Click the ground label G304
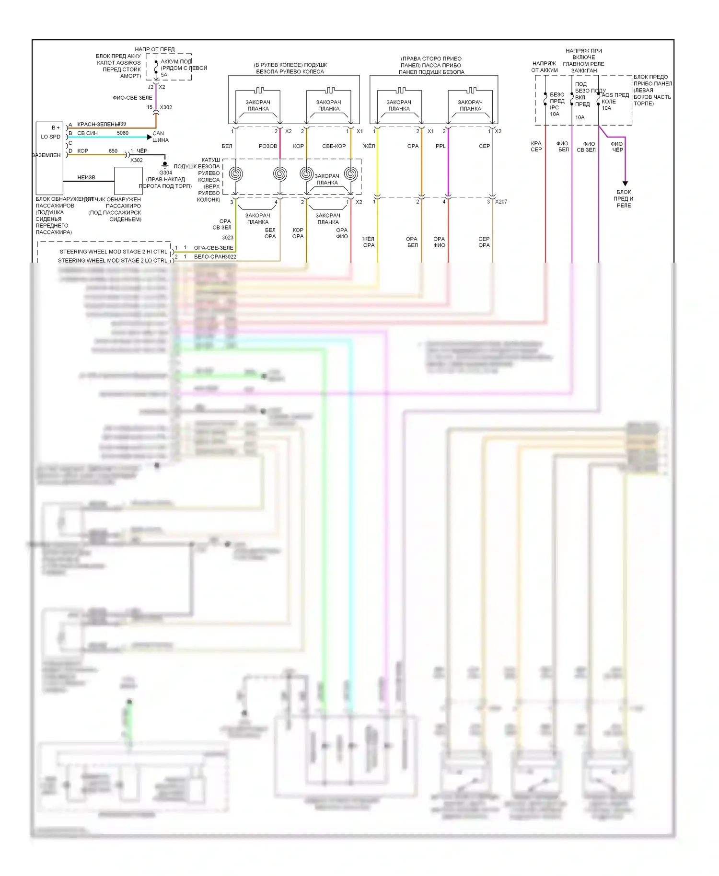tap(165, 173)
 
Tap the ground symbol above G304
tap(165, 165)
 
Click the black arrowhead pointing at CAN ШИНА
tap(149, 137)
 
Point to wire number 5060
tap(123, 133)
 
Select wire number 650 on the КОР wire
tap(113, 150)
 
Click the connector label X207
tap(501, 202)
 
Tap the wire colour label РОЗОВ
tap(268, 146)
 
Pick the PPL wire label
tap(441, 146)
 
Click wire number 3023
tap(228, 238)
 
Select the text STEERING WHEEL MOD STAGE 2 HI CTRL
tap(113, 252)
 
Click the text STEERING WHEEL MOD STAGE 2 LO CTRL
tap(113, 261)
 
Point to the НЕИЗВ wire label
tap(86, 177)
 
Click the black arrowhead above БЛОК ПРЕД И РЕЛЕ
tap(625, 184)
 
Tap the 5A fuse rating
tap(164, 75)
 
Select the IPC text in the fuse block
tap(554, 107)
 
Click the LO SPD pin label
tap(51, 137)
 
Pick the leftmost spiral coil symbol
tap(235, 173)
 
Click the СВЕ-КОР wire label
tap(334, 146)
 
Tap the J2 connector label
tap(151, 87)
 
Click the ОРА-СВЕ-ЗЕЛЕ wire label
tap(213, 248)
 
